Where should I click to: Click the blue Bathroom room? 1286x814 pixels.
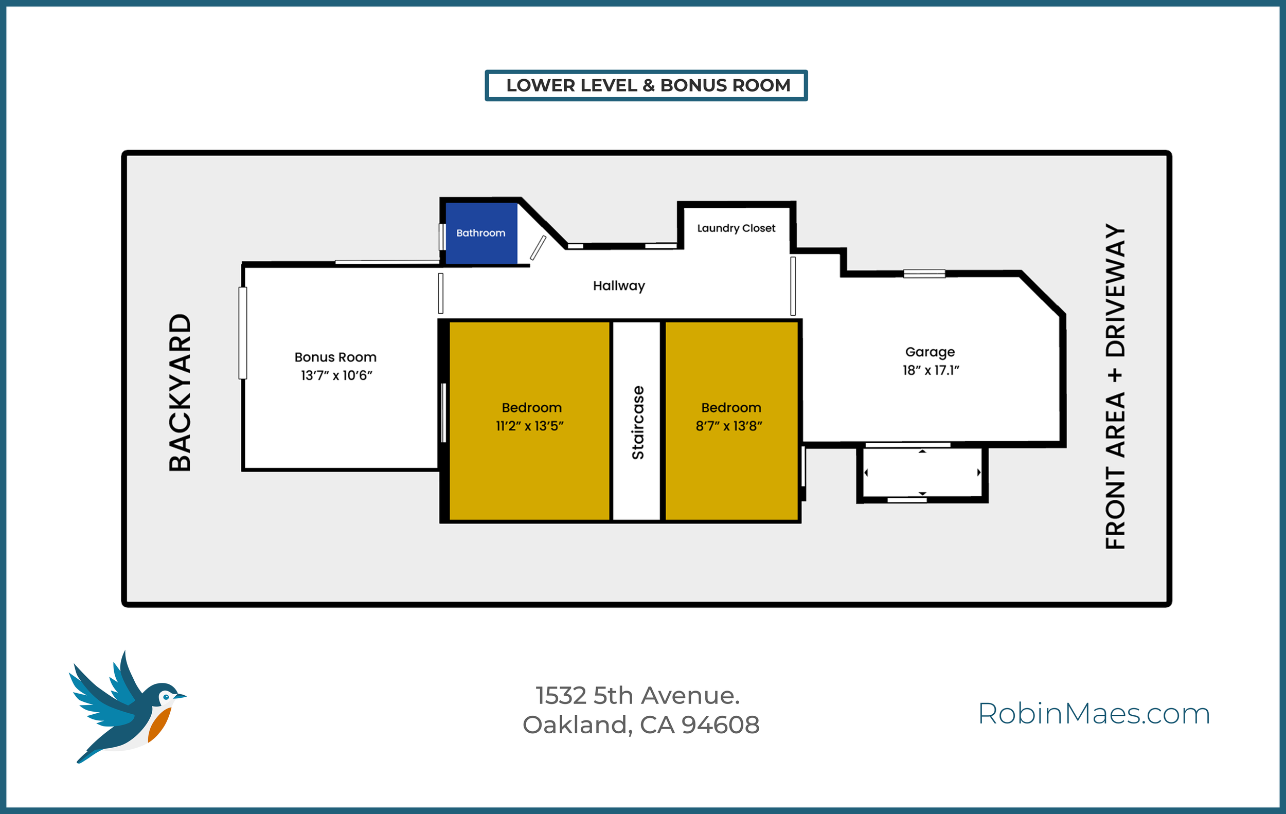pyautogui.click(x=480, y=233)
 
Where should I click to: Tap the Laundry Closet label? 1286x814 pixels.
pyautogui.click(x=736, y=228)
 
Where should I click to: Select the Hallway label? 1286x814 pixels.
pyautogui.click(x=618, y=286)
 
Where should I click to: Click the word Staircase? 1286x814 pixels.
pyautogui.click(x=638, y=422)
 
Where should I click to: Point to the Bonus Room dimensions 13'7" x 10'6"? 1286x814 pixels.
pyautogui.click(x=336, y=376)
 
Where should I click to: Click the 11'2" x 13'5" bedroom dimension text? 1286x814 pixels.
pyautogui.click(x=529, y=426)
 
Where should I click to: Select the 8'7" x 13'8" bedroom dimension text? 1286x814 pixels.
pyautogui.click(x=728, y=426)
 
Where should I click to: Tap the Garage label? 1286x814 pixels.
pyautogui.click(x=930, y=352)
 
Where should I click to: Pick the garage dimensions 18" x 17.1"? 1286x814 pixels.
pyautogui.click(x=931, y=370)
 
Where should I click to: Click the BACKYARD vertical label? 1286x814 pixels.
pyautogui.click(x=180, y=392)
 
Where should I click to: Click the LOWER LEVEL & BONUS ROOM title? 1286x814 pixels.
pyautogui.click(x=648, y=85)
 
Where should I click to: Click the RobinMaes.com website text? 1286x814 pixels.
pyautogui.click(x=1094, y=714)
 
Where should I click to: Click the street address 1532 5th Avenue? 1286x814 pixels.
pyautogui.click(x=637, y=696)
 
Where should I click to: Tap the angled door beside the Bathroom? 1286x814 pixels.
pyautogui.click(x=538, y=248)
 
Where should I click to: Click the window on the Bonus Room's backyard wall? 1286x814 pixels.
pyautogui.click(x=243, y=333)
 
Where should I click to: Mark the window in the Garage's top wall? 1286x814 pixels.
pyautogui.click(x=924, y=274)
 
